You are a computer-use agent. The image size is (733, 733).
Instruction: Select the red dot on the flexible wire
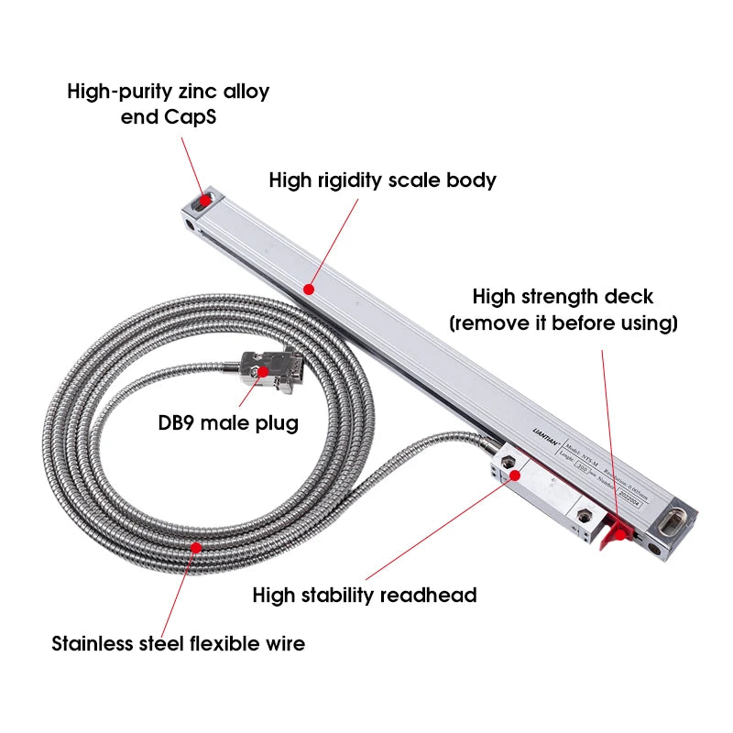click(194, 547)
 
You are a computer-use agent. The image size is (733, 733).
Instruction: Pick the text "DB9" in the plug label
click(177, 424)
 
